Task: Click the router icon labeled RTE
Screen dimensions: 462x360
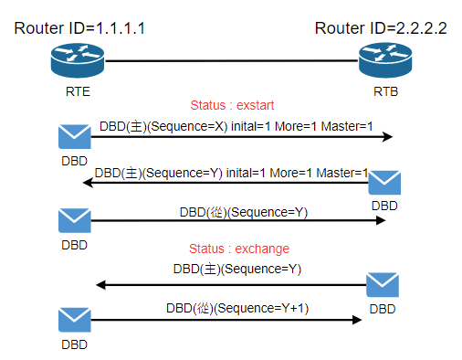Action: pyautogui.click(x=78, y=60)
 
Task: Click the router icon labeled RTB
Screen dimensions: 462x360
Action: pyautogui.click(x=385, y=60)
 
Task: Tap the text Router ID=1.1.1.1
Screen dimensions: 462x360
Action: pyautogui.click(x=79, y=28)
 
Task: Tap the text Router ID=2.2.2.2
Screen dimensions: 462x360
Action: pyautogui.click(x=381, y=28)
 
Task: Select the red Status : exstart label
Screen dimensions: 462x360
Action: pyautogui.click(x=232, y=105)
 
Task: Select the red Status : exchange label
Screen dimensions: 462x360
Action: pyautogui.click(x=239, y=249)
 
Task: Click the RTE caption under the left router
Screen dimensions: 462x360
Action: pyautogui.click(x=78, y=91)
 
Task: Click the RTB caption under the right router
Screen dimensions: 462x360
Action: pyautogui.click(x=385, y=91)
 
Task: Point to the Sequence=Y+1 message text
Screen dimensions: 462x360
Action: pyautogui.click(x=237, y=308)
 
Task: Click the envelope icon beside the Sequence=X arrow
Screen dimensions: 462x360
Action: pyautogui.click(x=75, y=136)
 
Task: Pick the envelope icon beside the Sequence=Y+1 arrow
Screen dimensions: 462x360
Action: pyautogui.click(x=75, y=320)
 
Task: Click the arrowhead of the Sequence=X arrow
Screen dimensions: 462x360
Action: pyautogui.click(x=388, y=137)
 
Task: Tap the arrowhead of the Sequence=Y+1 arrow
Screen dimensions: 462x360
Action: pyautogui.click(x=357, y=320)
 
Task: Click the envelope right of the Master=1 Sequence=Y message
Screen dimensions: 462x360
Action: pyautogui.click(x=384, y=183)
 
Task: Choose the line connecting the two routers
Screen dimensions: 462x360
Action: pyautogui.click(x=231, y=61)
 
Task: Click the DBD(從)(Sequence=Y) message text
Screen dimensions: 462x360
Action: pyautogui.click(x=244, y=212)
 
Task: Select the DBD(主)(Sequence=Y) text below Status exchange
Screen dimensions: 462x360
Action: pyautogui.click(x=237, y=269)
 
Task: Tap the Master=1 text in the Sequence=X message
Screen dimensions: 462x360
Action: pyautogui.click(x=347, y=126)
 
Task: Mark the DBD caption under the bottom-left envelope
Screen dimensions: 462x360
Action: pyautogui.click(x=75, y=344)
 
